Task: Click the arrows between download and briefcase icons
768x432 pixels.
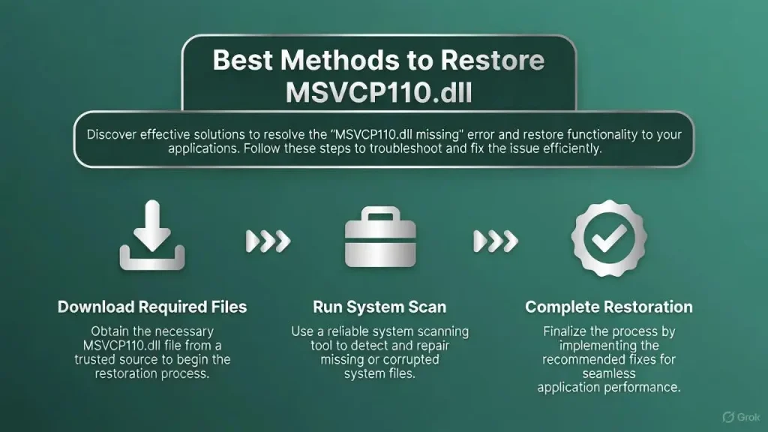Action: [268, 241]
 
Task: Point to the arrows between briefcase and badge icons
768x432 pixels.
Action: [496, 241]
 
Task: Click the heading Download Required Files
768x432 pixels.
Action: [152, 307]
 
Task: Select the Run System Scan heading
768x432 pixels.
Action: [379, 307]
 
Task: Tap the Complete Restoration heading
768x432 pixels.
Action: [609, 307]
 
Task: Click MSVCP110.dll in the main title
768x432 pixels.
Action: [379, 95]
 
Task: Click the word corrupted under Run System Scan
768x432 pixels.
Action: [424, 360]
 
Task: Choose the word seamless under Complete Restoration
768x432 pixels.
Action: [607, 373]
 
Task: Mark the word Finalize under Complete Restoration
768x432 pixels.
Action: [568, 331]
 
